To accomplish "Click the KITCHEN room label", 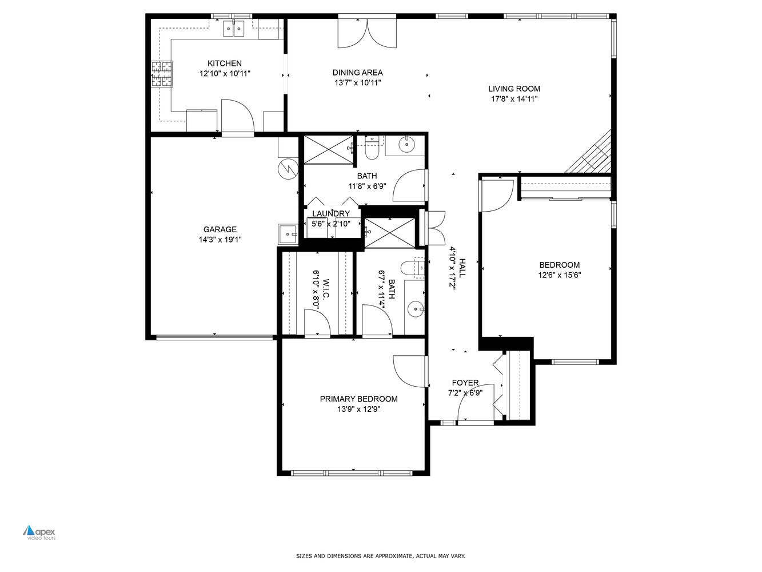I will coord(224,63).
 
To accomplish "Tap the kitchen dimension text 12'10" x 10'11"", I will coord(224,74).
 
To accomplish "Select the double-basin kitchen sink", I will coord(234,29).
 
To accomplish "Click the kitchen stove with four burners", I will coord(161,74).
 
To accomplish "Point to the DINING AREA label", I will coord(357,73).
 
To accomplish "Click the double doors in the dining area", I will coord(366,33).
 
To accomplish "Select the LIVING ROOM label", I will coord(514,89).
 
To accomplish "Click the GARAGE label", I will coord(220,230).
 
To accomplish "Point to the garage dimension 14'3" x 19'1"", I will coord(220,240).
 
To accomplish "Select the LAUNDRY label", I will coord(330,214).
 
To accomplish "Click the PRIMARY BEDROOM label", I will coord(358,399).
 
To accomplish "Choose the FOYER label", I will coord(465,383).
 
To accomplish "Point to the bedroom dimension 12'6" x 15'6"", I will coord(559,275).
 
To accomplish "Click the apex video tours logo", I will coord(39,533).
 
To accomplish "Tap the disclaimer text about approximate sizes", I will coord(380,556).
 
